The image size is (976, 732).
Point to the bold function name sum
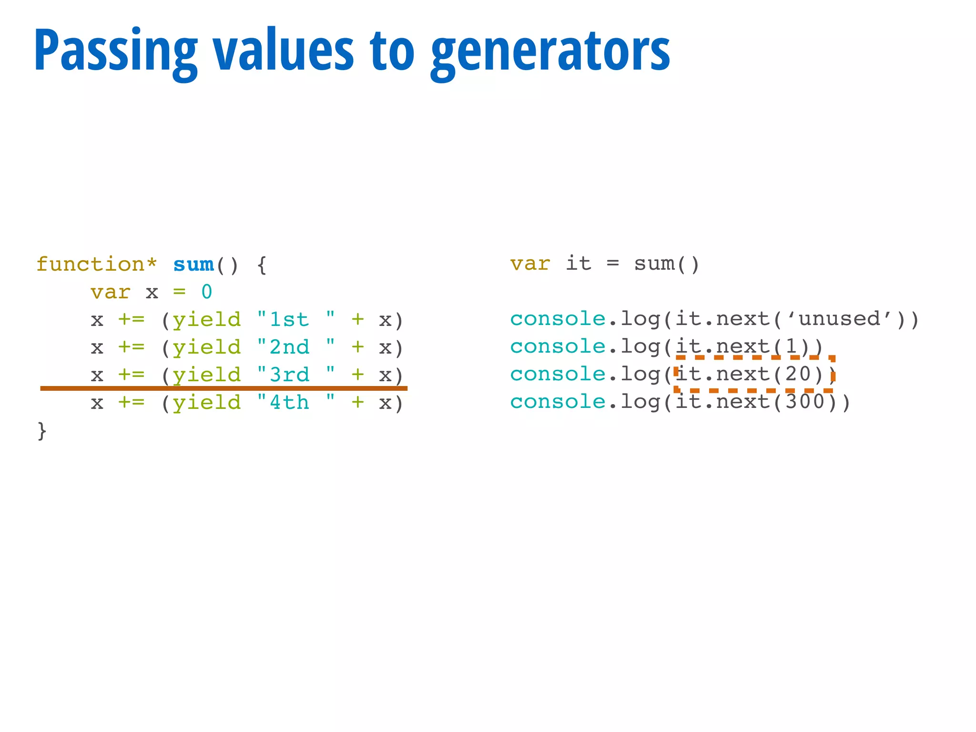pos(193,264)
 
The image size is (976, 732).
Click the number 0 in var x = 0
pos(206,292)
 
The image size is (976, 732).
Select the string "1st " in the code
pos(296,319)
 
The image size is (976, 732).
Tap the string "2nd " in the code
pos(296,347)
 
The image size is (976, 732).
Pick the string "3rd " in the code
pos(296,375)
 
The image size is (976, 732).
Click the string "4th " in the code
pos(296,403)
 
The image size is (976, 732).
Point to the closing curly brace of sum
pos(42,431)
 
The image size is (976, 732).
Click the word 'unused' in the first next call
pos(839,319)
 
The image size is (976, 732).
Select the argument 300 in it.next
pos(805,402)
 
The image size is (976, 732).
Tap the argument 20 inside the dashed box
pos(798,374)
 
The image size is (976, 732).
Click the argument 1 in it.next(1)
pos(791,346)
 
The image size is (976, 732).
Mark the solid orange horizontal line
pos(224,388)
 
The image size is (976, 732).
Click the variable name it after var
pos(579,264)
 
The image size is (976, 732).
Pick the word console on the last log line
pos(558,402)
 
